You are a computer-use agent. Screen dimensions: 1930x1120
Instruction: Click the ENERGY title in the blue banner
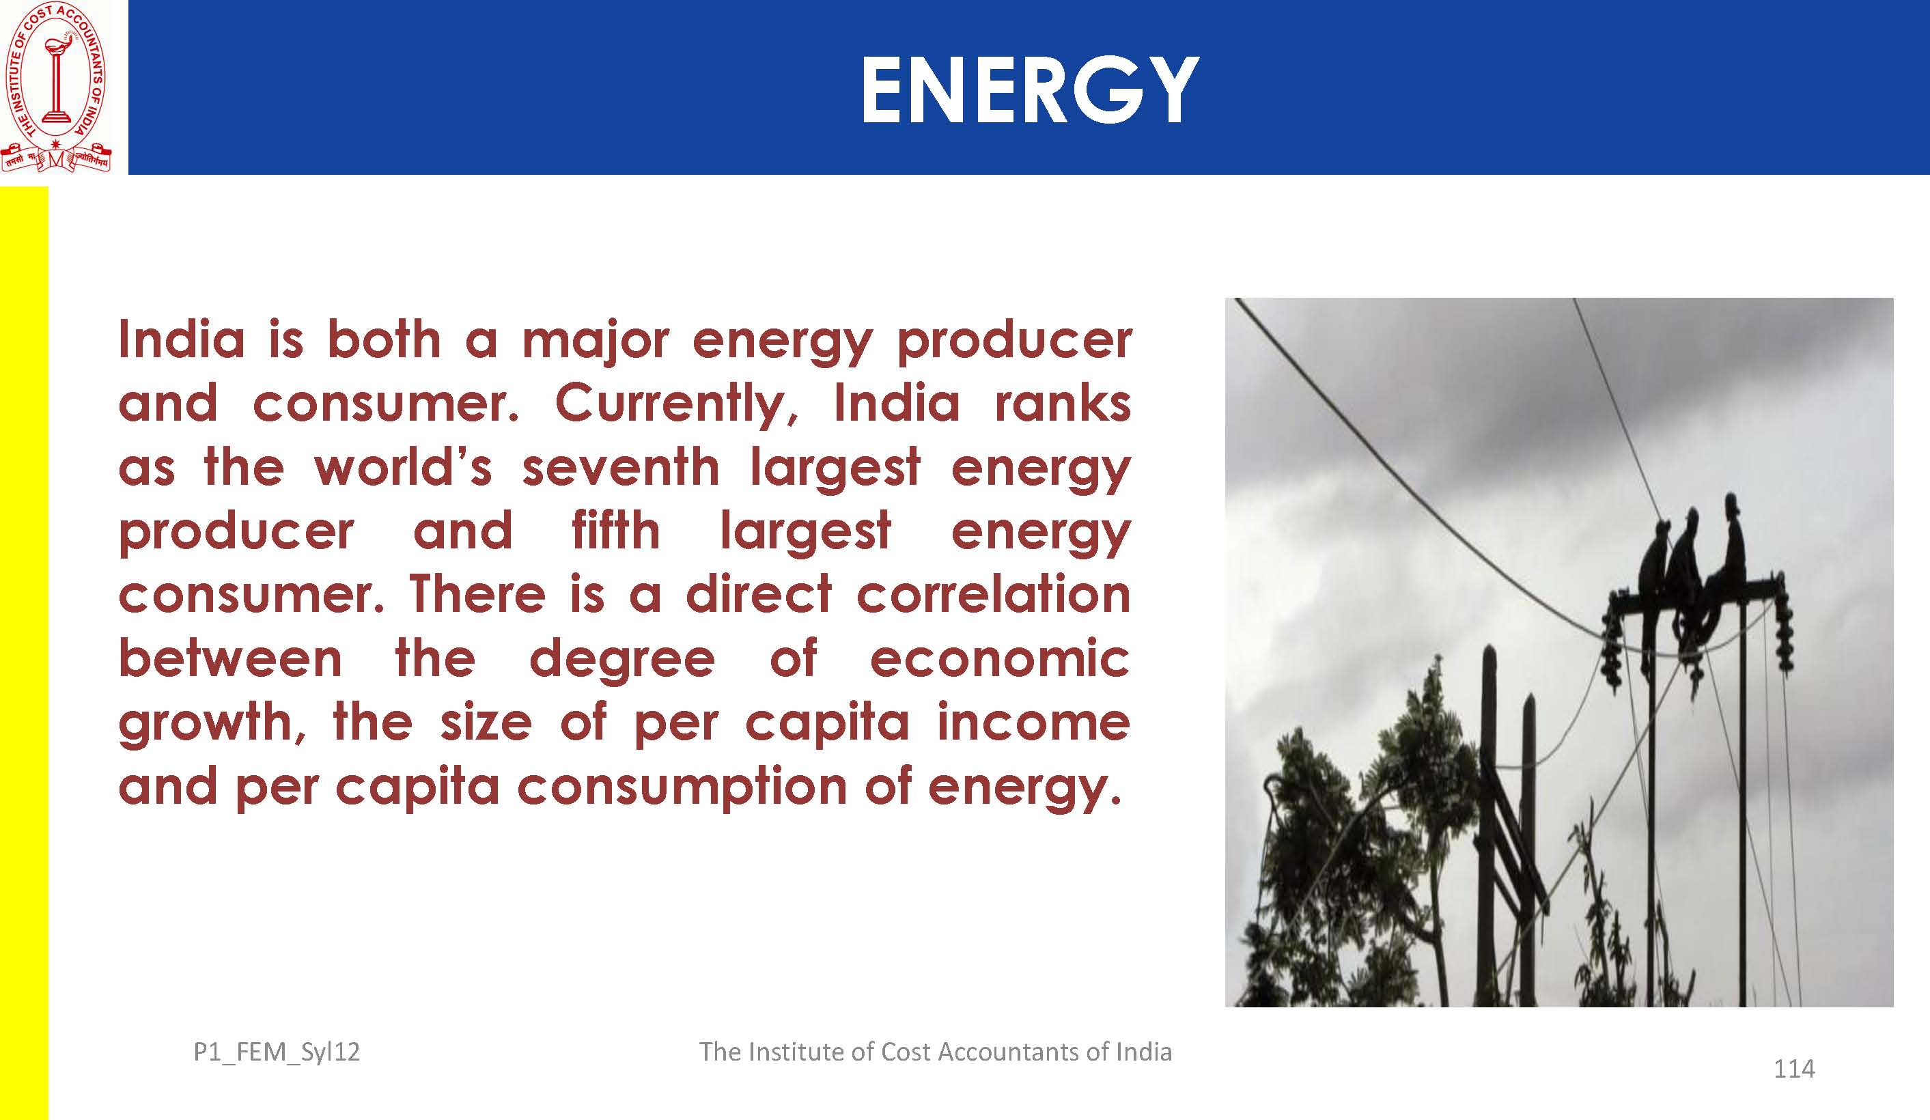point(1029,90)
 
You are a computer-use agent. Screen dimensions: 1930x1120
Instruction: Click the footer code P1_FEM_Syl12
point(277,1052)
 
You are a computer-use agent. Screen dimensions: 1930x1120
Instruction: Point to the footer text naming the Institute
point(935,1051)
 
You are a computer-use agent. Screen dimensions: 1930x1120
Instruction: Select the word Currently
point(677,403)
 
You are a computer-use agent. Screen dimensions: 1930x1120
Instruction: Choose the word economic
point(999,658)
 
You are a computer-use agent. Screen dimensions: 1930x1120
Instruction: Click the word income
point(1034,723)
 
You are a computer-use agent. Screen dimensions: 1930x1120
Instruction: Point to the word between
point(229,658)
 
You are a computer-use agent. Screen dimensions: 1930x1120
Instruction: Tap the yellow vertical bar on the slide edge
point(24,653)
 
